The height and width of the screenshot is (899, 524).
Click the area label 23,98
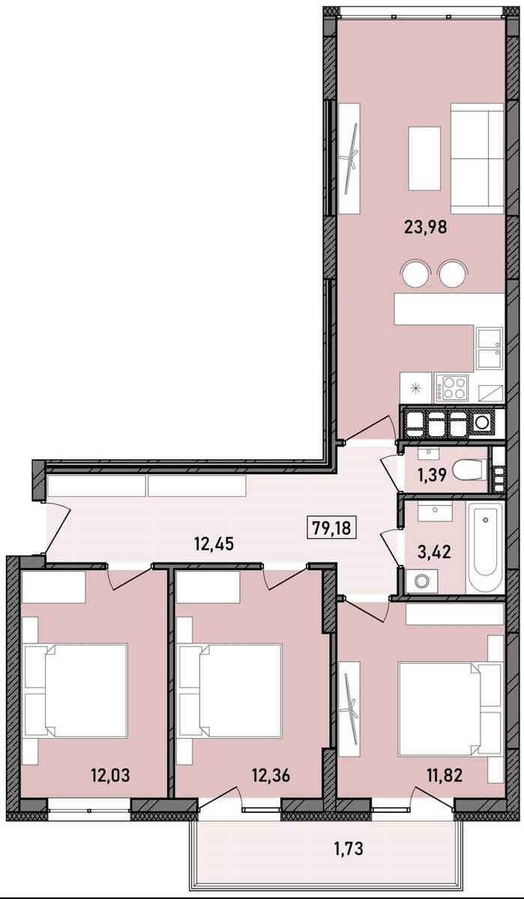425,228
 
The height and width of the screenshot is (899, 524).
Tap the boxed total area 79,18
331,527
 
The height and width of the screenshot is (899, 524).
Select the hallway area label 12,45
214,544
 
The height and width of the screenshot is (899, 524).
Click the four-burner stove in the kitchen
453,387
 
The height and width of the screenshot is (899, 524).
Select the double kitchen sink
490,348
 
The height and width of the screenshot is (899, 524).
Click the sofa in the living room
477,159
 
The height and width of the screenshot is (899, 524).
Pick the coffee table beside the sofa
424,158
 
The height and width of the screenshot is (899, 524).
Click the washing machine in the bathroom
421,581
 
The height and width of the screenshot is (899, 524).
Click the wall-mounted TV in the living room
349,159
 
